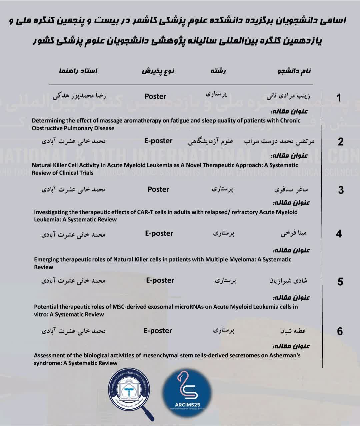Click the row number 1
(x=339, y=98)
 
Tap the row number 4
(x=339, y=234)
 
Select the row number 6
(x=340, y=331)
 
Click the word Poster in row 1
(x=155, y=96)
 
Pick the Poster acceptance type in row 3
(x=158, y=189)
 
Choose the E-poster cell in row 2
(x=158, y=141)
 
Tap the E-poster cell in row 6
(x=158, y=331)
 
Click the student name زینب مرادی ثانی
(x=289, y=96)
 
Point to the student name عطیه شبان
(x=293, y=331)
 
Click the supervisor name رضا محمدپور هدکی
(x=79, y=96)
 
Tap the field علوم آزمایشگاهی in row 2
(x=211, y=141)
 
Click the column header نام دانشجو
(x=294, y=71)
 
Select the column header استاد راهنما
(x=78, y=71)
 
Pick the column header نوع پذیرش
(x=158, y=71)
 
